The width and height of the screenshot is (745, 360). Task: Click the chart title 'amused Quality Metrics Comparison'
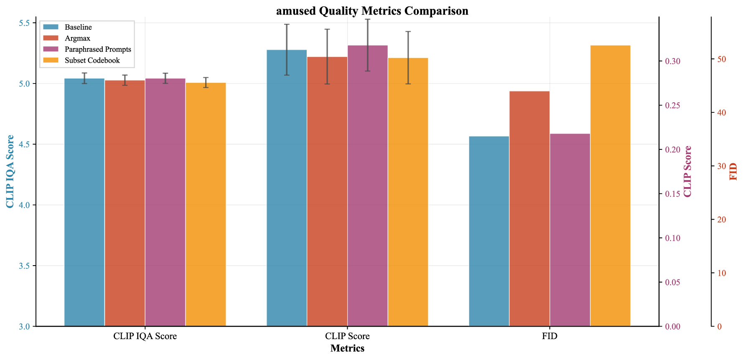372,11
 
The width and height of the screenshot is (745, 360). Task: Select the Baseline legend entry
78,27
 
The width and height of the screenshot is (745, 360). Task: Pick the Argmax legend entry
77,38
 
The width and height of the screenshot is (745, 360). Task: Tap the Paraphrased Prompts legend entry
98,49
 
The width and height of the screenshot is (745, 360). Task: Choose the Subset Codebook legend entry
92,61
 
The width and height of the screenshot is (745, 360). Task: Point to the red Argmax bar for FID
529,209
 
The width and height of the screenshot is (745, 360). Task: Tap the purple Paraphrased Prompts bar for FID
570,230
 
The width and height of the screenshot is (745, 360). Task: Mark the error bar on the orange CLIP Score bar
408,58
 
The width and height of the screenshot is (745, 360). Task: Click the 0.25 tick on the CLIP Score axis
670,106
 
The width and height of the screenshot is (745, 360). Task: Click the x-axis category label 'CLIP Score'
347,336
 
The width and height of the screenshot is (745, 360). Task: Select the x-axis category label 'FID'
549,336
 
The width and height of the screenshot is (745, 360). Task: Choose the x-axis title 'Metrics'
347,348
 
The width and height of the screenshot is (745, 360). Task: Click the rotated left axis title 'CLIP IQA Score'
10,172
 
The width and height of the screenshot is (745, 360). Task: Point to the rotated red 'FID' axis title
733,172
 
